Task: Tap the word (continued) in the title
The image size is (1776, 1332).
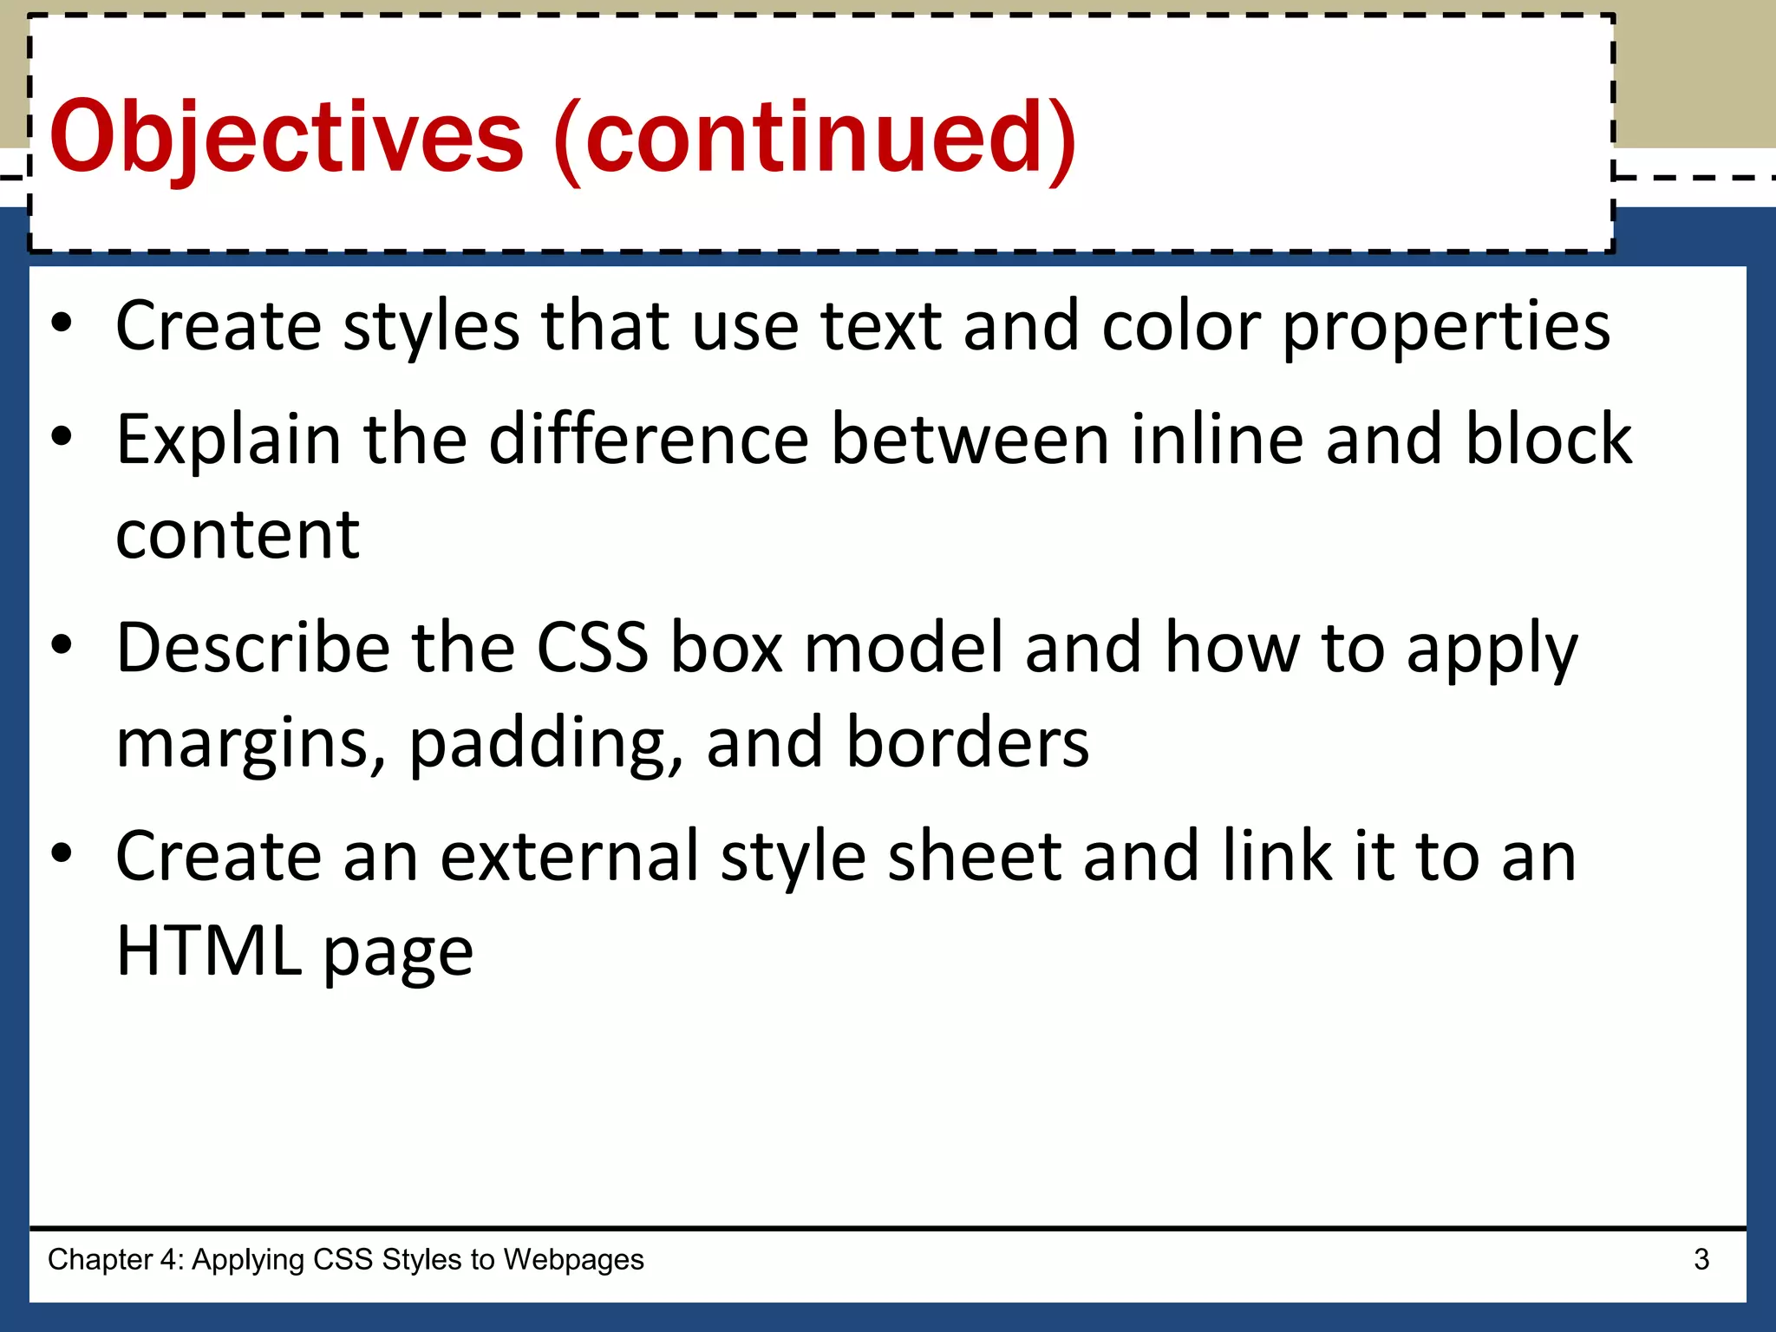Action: point(815,139)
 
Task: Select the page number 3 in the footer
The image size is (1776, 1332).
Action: point(1701,1259)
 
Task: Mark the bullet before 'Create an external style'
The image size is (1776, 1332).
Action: point(62,853)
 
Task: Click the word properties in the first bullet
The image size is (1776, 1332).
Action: point(1446,328)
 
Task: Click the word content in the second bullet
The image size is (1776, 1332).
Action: point(238,535)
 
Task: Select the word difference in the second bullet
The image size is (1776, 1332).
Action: point(649,439)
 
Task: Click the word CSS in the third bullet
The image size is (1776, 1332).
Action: point(592,648)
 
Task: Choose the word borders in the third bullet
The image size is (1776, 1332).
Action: point(967,743)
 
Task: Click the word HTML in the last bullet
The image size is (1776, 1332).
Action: point(209,951)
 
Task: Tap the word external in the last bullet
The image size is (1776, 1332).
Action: point(569,857)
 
